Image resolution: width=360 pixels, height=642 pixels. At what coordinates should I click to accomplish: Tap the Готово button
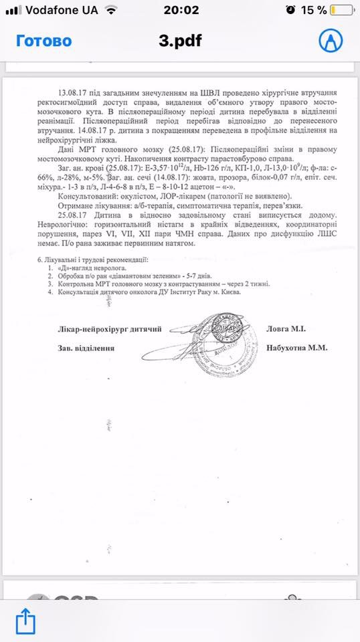pyautogui.click(x=43, y=41)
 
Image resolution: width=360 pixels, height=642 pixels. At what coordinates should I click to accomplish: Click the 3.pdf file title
pyautogui.click(x=180, y=41)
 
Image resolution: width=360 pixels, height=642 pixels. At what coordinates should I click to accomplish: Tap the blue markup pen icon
pyautogui.click(x=329, y=41)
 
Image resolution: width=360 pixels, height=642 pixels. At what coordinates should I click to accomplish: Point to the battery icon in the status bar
pyautogui.click(x=341, y=10)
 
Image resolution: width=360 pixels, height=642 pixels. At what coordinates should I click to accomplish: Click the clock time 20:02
pyautogui.click(x=181, y=10)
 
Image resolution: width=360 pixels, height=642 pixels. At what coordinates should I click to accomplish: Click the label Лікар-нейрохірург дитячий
pyautogui.click(x=110, y=328)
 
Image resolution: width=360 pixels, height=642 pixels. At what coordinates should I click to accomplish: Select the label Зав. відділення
pyautogui.click(x=86, y=348)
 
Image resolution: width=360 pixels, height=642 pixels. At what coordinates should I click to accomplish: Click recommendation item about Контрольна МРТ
pyautogui.click(x=154, y=284)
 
